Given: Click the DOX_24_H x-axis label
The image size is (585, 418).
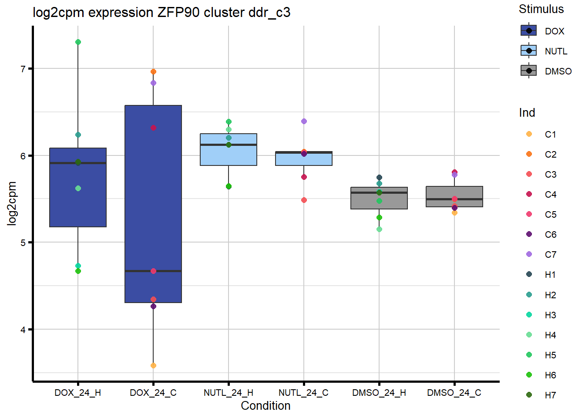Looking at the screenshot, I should (77, 393).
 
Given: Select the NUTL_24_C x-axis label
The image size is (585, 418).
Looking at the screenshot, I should (303, 393).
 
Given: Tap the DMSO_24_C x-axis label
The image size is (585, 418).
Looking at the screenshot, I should (454, 393).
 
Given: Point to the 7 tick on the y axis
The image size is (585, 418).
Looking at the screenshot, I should (24, 69).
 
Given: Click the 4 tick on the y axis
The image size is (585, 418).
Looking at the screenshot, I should (24, 330).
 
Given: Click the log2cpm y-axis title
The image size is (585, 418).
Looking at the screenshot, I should (12, 203).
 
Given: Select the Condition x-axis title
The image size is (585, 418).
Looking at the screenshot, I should (266, 406).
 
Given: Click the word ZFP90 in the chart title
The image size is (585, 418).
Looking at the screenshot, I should (178, 13).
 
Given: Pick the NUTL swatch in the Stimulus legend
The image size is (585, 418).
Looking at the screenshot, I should (529, 51).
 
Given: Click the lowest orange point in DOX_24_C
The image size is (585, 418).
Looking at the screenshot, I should (153, 366).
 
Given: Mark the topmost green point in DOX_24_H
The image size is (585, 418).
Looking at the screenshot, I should (78, 42).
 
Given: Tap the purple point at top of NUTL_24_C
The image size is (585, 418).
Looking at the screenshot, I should (304, 121).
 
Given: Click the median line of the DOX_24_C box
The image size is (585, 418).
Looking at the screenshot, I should (153, 271).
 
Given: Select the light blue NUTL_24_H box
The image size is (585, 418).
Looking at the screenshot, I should (229, 155).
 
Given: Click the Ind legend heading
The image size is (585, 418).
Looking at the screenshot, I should (527, 113).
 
